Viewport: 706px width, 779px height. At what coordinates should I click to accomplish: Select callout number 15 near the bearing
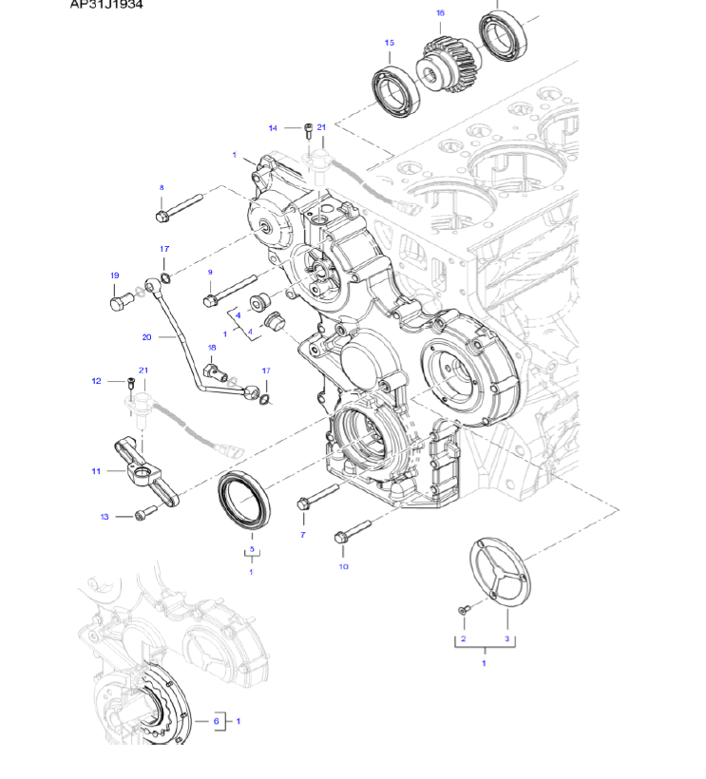point(390,43)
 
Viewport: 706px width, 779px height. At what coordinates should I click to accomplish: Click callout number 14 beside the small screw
point(273,128)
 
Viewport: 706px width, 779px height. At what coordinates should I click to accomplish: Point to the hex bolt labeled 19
point(118,301)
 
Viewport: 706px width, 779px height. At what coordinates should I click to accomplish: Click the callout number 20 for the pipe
point(147,337)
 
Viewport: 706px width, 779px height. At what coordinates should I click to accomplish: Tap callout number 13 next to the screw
point(105,517)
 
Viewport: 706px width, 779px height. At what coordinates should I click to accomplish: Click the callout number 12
point(96,382)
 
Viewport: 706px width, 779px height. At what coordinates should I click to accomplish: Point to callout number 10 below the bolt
point(344,567)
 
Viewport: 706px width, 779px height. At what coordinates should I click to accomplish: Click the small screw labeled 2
point(463,608)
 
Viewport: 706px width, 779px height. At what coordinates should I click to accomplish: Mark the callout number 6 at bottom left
point(217,722)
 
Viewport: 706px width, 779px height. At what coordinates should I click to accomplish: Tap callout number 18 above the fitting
point(212,349)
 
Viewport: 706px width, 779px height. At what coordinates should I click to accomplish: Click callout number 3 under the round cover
point(507,639)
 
